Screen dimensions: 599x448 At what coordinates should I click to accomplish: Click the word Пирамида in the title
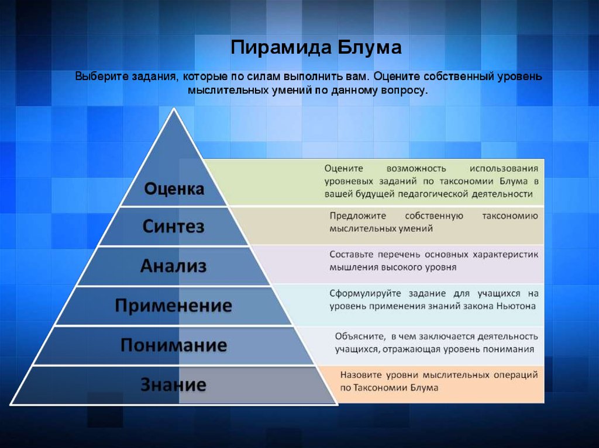[x=280, y=48]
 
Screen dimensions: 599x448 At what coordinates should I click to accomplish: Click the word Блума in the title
[x=370, y=47]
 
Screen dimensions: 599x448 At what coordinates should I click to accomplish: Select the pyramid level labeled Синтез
[x=173, y=226]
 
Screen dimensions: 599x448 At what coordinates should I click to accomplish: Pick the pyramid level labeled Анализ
[x=173, y=266]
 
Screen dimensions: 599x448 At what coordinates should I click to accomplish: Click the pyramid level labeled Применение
[x=173, y=305]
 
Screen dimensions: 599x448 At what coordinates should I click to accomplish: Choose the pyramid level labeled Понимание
[x=173, y=345]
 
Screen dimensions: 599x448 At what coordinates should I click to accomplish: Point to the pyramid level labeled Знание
[x=173, y=384]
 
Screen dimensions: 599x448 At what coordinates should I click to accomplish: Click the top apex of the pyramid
[x=174, y=108]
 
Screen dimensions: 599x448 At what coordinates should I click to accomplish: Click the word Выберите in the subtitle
[x=102, y=77]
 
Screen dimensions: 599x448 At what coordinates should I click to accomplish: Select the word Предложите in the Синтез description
[x=358, y=216]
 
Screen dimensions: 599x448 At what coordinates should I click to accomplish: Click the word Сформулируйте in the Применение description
[x=365, y=294]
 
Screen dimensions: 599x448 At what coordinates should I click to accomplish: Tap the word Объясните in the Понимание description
[x=360, y=336]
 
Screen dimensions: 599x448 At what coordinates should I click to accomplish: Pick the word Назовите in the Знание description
[x=361, y=375]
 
